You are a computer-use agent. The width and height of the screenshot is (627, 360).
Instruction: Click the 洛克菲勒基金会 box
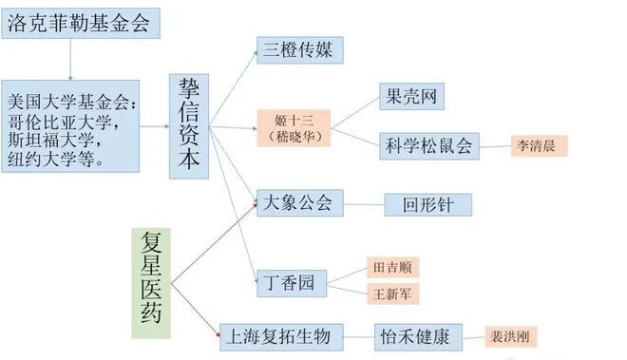79,25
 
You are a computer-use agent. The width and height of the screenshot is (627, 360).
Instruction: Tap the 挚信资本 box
188,125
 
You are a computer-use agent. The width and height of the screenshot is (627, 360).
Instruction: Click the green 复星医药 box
151,282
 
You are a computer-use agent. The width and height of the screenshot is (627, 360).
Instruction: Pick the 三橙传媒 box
299,50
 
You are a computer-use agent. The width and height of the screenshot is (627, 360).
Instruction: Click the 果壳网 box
409,96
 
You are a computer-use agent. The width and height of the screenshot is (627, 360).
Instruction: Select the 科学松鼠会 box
427,145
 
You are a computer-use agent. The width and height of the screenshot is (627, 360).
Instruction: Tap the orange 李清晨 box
540,145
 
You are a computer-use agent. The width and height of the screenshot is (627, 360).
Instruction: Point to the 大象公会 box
299,202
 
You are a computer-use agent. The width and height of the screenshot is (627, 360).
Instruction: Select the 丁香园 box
292,282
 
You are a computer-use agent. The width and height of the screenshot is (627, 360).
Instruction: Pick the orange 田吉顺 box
393,267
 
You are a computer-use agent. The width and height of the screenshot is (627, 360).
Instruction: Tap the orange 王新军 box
393,294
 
